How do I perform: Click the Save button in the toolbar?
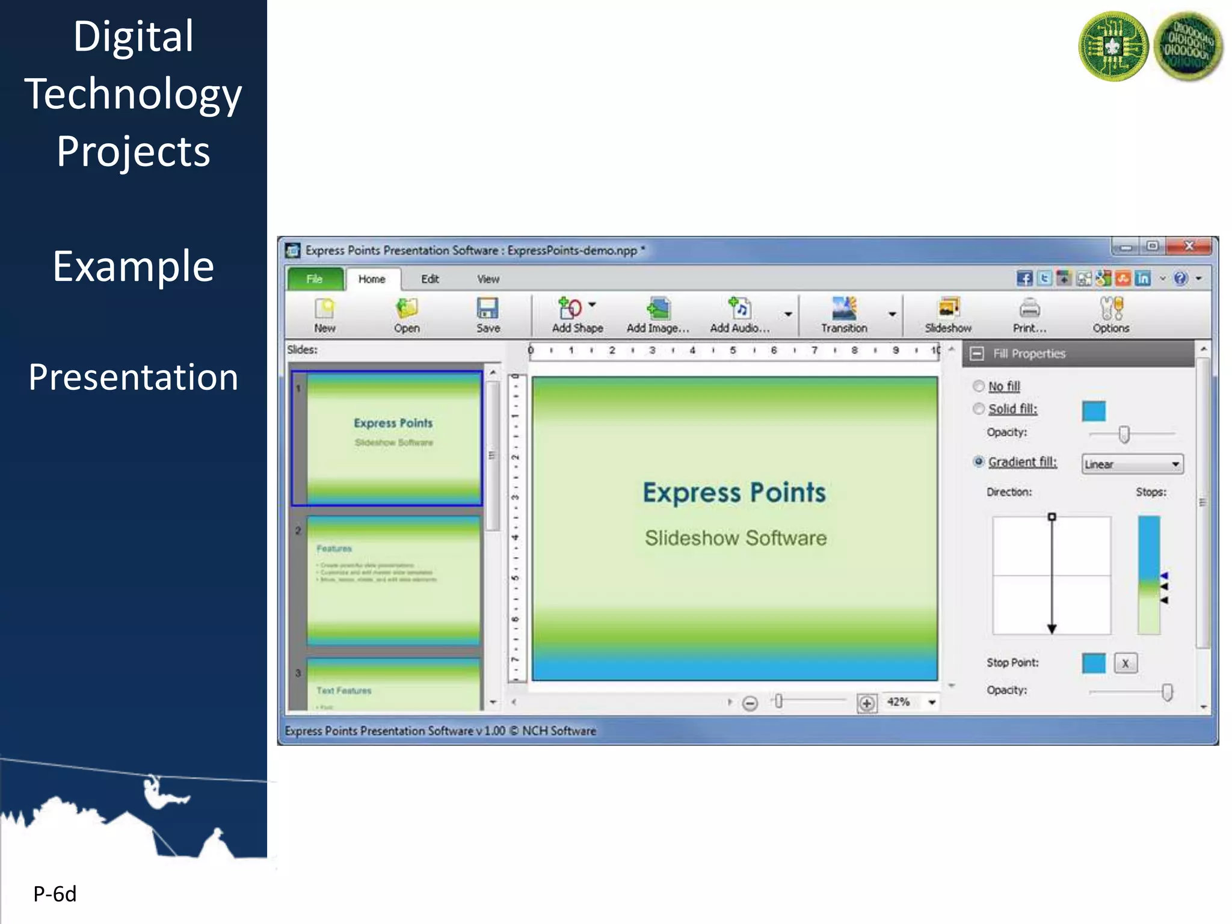[x=487, y=315]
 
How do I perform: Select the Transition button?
[x=844, y=315]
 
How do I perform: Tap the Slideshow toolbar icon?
[x=948, y=315]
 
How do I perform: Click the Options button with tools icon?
[x=1110, y=315]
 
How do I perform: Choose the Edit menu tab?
[x=430, y=279]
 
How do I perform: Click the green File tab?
[x=314, y=279]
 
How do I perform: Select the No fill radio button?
[x=979, y=386]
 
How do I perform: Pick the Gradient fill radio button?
[x=979, y=462]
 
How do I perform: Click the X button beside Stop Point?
[x=1125, y=664]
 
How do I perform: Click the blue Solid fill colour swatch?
[x=1094, y=411]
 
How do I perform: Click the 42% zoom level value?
[x=898, y=702]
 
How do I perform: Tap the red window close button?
[x=1189, y=246]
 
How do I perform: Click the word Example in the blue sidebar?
[x=133, y=266]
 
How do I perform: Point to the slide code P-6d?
[x=55, y=894]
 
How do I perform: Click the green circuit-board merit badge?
[x=1113, y=46]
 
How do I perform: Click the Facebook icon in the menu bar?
[x=1024, y=279]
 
